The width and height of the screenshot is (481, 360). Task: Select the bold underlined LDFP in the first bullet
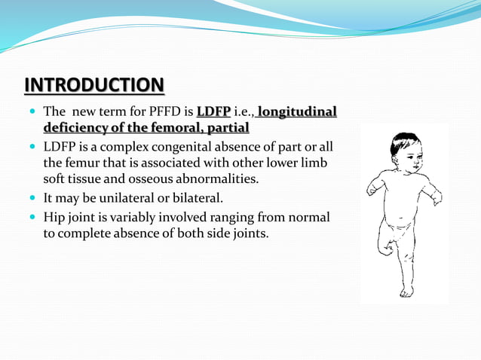point(213,113)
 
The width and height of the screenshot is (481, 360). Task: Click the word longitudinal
point(297,113)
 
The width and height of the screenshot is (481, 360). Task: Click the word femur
point(84,163)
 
